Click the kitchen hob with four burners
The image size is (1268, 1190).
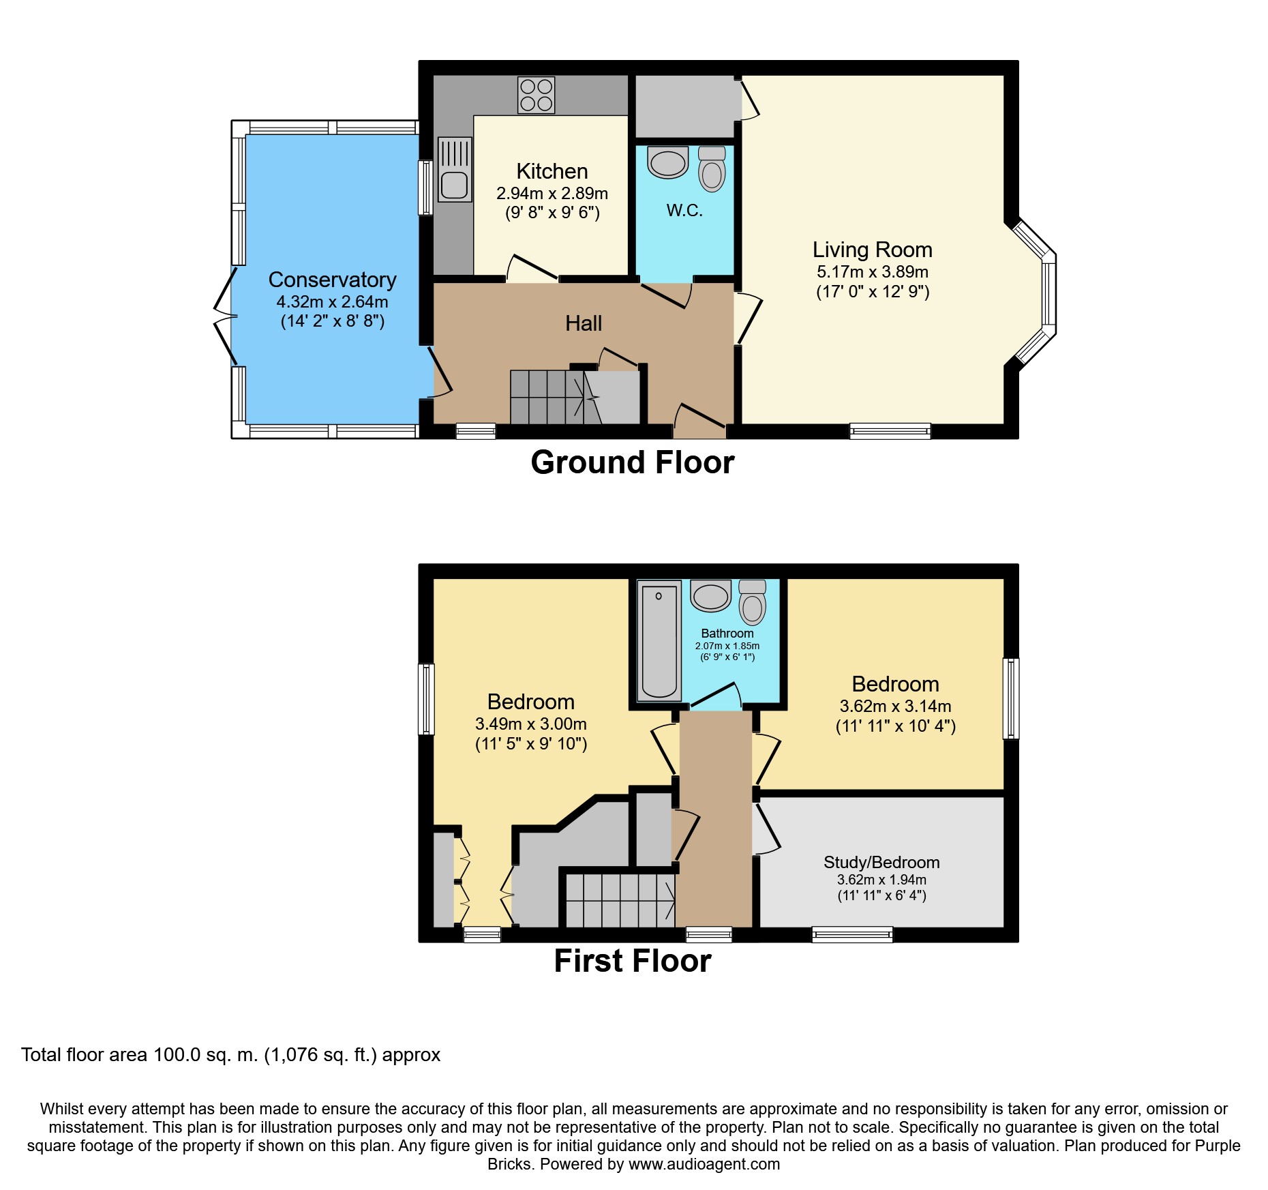[536, 95]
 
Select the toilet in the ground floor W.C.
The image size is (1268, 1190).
[712, 168]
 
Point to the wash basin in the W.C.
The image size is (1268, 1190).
[668, 162]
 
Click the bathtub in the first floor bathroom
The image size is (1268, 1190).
[659, 640]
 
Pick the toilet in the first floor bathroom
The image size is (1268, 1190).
[753, 602]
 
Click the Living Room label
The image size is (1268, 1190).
[872, 250]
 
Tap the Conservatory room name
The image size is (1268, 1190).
[332, 280]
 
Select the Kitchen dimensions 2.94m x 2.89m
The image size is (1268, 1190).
[552, 194]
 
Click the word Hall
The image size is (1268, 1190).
[584, 323]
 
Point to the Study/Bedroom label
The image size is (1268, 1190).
[881, 862]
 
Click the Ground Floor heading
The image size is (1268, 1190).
[633, 462]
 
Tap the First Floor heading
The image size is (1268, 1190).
[633, 961]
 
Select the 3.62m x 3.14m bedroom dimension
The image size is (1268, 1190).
[895, 706]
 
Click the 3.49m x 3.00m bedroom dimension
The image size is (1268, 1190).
[531, 724]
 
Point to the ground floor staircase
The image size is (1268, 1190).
[556, 397]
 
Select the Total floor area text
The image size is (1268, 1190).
[231, 1055]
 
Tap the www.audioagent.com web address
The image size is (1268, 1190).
[704, 1164]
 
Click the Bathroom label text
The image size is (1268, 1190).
[727, 634]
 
